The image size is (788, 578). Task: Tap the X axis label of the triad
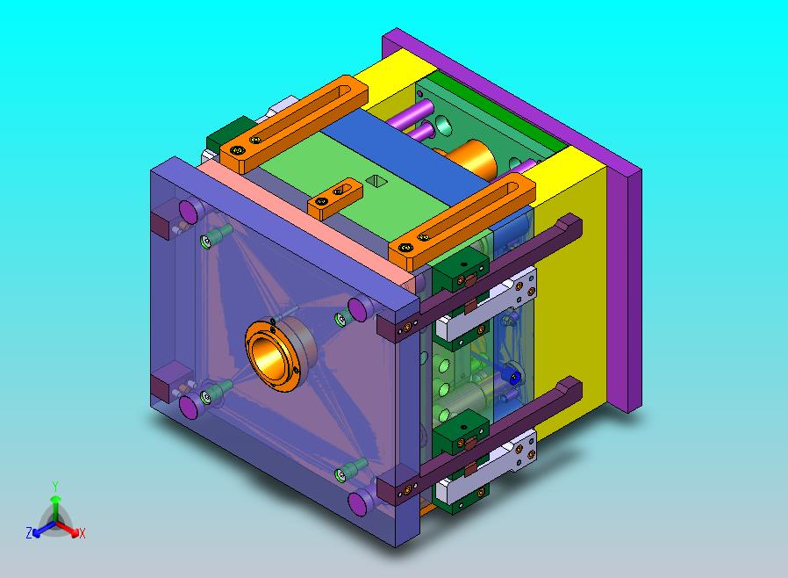(82, 534)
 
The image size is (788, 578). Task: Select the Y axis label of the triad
(55, 486)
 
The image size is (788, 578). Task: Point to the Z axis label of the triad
(29, 532)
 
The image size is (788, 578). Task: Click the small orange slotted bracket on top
(335, 198)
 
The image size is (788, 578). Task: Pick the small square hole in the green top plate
(375, 180)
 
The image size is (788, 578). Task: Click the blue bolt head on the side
(512, 377)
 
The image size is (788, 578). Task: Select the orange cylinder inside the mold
(471, 158)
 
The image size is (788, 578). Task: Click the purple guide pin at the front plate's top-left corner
(189, 212)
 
